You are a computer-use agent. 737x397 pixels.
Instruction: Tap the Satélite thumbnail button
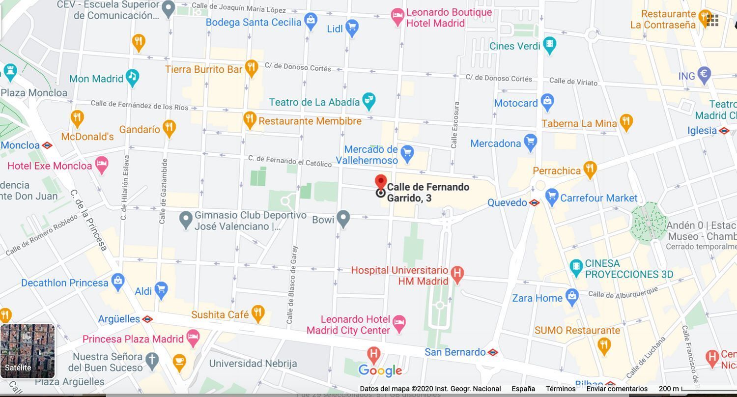28,351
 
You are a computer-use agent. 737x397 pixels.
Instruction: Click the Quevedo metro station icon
534,202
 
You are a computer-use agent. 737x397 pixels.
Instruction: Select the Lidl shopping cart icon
352,28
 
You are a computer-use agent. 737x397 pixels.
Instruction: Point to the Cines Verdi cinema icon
550,45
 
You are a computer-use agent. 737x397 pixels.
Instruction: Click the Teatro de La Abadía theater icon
368,101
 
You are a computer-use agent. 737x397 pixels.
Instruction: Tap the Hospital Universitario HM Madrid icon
457,274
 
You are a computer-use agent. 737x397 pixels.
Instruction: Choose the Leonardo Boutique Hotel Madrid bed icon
397,17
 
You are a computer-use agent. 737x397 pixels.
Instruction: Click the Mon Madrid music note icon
132,77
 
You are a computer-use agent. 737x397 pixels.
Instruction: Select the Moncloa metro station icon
47,145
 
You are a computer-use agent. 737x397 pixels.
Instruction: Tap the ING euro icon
704,75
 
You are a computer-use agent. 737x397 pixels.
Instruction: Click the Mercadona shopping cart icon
530,142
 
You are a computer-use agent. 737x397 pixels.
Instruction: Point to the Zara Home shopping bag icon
571,297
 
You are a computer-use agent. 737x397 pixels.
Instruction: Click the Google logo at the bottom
380,370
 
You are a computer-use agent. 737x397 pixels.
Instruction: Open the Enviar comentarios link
617,389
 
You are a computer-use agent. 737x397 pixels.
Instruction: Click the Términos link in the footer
560,389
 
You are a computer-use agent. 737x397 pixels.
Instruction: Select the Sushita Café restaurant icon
258,313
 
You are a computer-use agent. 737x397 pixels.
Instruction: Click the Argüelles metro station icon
147,319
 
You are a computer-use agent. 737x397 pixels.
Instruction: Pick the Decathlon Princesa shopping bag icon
117,282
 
